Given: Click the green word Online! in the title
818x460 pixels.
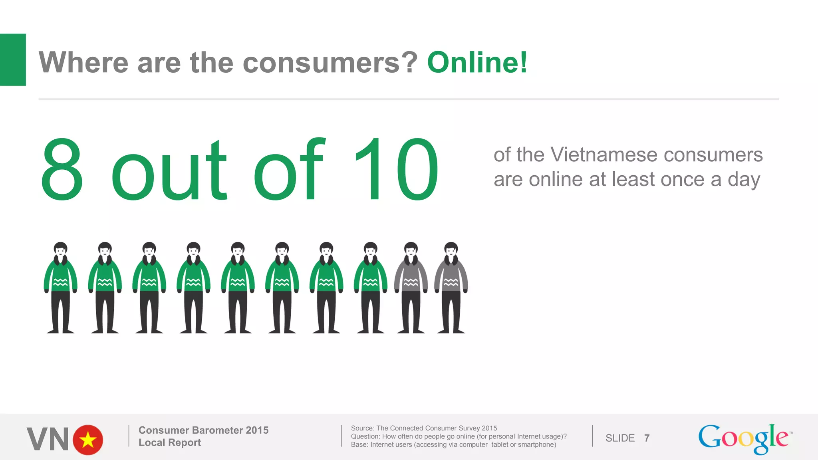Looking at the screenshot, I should (x=477, y=63).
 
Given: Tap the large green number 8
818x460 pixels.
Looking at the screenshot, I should (x=62, y=169).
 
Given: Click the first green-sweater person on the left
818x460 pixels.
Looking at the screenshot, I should (x=61, y=287).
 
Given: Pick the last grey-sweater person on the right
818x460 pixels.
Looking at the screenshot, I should (x=451, y=287).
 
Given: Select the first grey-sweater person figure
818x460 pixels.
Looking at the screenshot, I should (x=411, y=287).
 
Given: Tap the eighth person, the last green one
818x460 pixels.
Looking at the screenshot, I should (x=370, y=287).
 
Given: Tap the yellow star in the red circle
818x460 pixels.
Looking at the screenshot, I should (x=88, y=440).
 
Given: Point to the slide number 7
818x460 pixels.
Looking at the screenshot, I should (x=647, y=438).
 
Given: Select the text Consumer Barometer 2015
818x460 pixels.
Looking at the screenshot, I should (x=203, y=430).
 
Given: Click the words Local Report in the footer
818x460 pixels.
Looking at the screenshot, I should (x=170, y=442).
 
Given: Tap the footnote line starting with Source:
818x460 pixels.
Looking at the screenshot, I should (x=424, y=428).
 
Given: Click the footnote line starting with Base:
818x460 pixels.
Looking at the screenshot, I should (x=453, y=444).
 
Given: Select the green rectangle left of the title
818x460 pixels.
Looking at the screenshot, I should (x=13, y=59).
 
